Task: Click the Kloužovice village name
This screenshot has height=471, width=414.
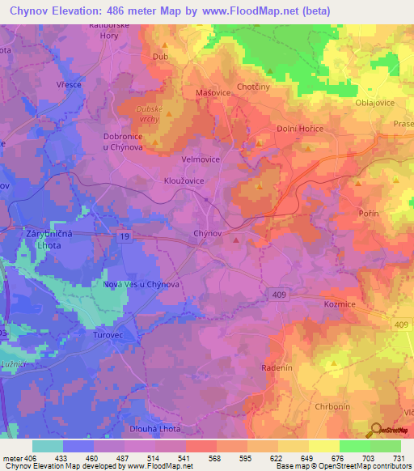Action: pos(184,180)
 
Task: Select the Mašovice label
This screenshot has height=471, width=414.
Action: pos(211,93)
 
